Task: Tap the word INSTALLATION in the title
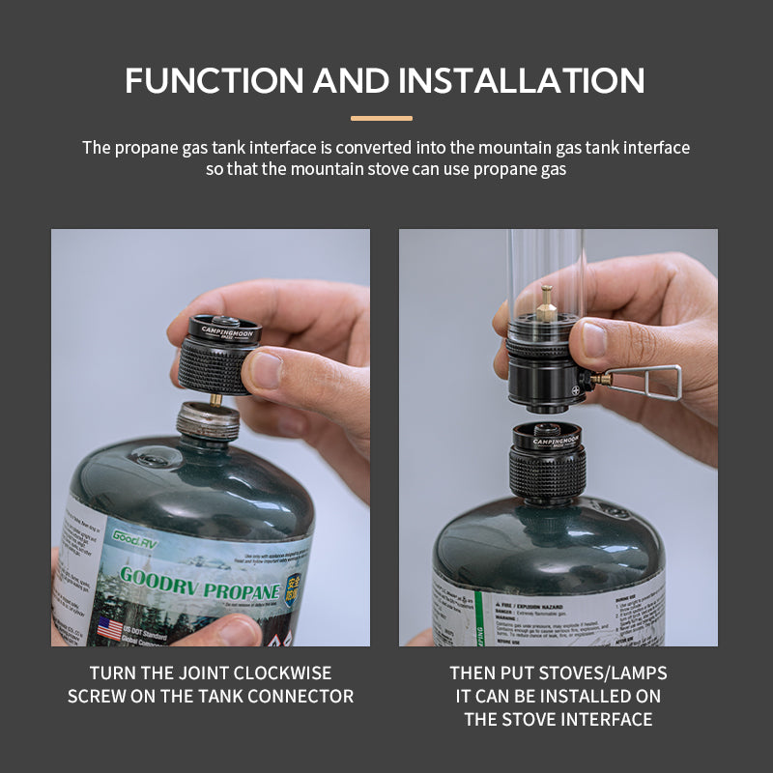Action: pos(522,80)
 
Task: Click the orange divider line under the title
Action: pos(381,119)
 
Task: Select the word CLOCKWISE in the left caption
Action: pos(281,673)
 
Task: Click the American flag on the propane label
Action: pos(110,629)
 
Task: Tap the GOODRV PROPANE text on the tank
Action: pos(198,583)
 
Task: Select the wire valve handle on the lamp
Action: pos(652,381)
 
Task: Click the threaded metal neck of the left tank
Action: pos(208,421)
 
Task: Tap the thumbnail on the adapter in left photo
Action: pos(266,370)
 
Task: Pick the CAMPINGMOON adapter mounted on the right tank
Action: pos(549,464)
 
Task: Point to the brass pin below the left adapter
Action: pos(215,397)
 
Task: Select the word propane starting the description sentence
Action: pos(147,148)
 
